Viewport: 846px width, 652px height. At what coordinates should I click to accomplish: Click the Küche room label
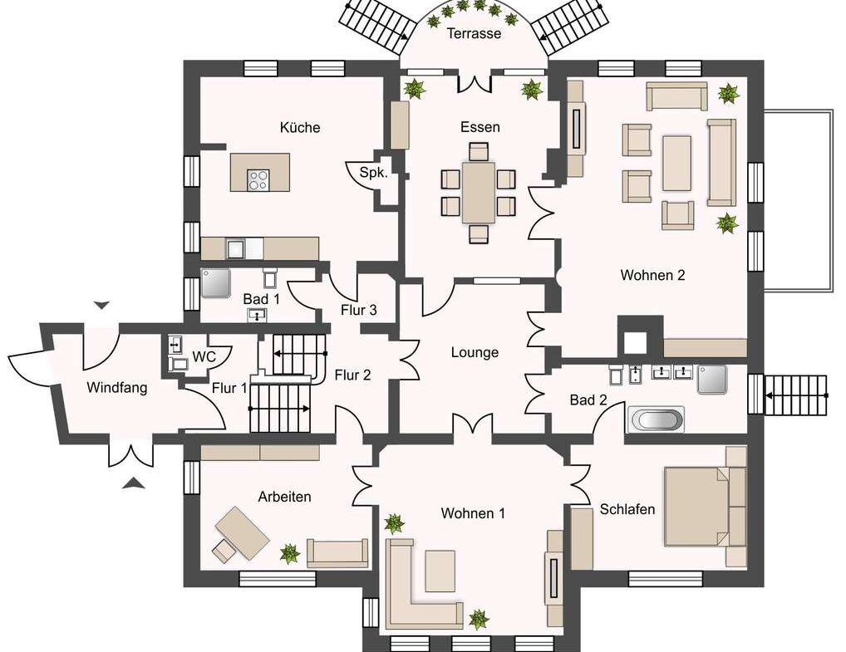coord(300,127)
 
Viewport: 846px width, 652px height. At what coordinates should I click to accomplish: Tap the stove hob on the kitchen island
coord(258,180)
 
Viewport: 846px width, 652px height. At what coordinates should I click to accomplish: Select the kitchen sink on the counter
coord(236,248)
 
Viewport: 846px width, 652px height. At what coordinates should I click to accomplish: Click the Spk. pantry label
coord(373,173)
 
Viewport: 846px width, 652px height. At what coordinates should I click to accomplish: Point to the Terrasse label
coord(475,33)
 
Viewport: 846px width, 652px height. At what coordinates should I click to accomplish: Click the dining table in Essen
coord(478,193)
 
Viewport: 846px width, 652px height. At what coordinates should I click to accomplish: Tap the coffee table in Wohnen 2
coord(677,164)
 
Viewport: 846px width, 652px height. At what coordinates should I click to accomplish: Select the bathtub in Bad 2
coord(656,419)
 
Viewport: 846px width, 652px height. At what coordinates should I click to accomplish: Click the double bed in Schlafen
coord(696,507)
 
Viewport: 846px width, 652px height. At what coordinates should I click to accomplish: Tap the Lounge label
coord(475,353)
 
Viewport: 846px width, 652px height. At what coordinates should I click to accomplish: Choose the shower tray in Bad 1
coord(216,283)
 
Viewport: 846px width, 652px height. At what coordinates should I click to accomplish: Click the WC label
coord(204,356)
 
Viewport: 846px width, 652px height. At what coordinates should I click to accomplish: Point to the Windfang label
coord(117,388)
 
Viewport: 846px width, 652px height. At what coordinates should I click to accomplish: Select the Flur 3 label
coord(359,310)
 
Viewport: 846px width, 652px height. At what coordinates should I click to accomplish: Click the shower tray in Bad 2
coord(711,380)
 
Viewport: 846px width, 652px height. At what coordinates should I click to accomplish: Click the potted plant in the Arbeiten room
coord(290,553)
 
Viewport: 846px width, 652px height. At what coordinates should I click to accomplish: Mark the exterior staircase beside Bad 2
coord(796,395)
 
